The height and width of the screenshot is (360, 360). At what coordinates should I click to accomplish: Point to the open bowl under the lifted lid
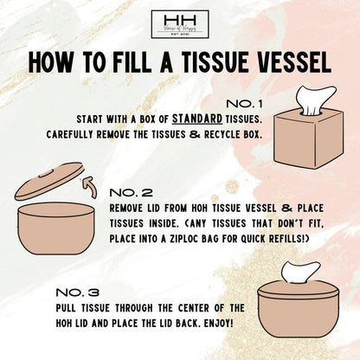click(x=55, y=231)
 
